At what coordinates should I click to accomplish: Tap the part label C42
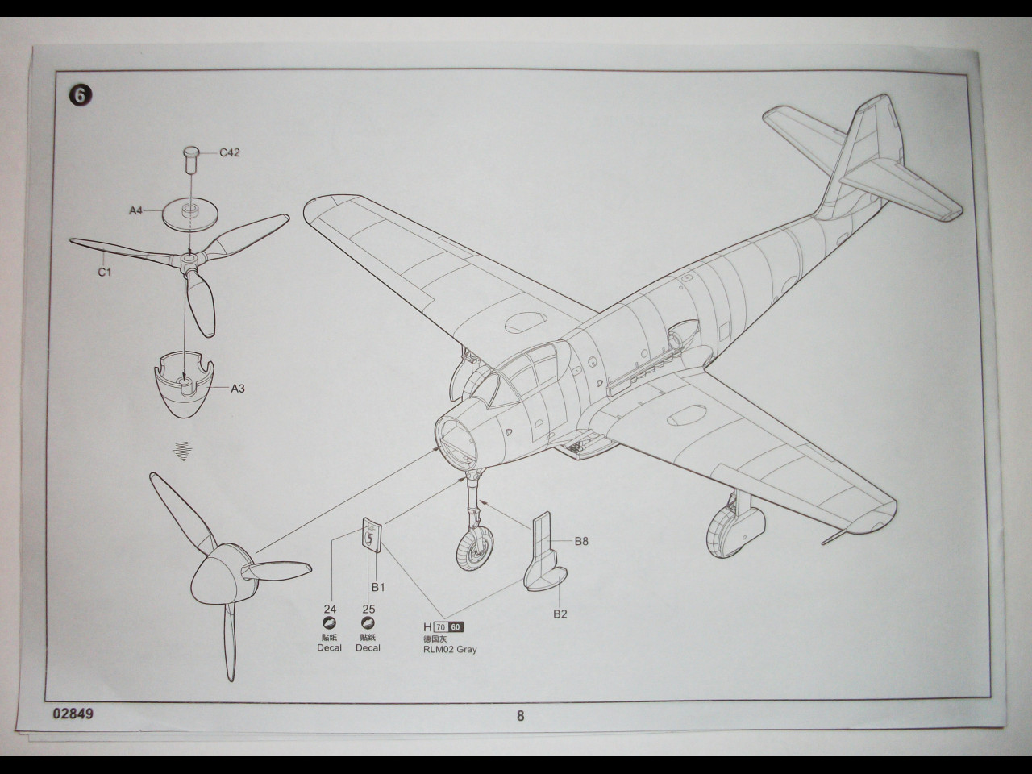(230, 152)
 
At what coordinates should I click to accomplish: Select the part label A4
(135, 210)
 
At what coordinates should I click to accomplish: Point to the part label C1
(104, 272)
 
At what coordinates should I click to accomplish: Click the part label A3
(238, 389)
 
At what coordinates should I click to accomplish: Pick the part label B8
(580, 541)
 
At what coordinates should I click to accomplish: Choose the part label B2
(560, 614)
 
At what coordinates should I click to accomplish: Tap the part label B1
(377, 587)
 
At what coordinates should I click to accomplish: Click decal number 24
(329, 610)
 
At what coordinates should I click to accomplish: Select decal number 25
(368, 610)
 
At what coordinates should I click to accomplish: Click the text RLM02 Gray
(450, 649)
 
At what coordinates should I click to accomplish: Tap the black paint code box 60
(456, 627)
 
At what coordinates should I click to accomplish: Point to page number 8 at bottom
(520, 715)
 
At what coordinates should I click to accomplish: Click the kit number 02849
(75, 714)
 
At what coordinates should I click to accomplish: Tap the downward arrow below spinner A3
(185, 451)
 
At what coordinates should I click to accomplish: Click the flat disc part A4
(190, 214)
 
